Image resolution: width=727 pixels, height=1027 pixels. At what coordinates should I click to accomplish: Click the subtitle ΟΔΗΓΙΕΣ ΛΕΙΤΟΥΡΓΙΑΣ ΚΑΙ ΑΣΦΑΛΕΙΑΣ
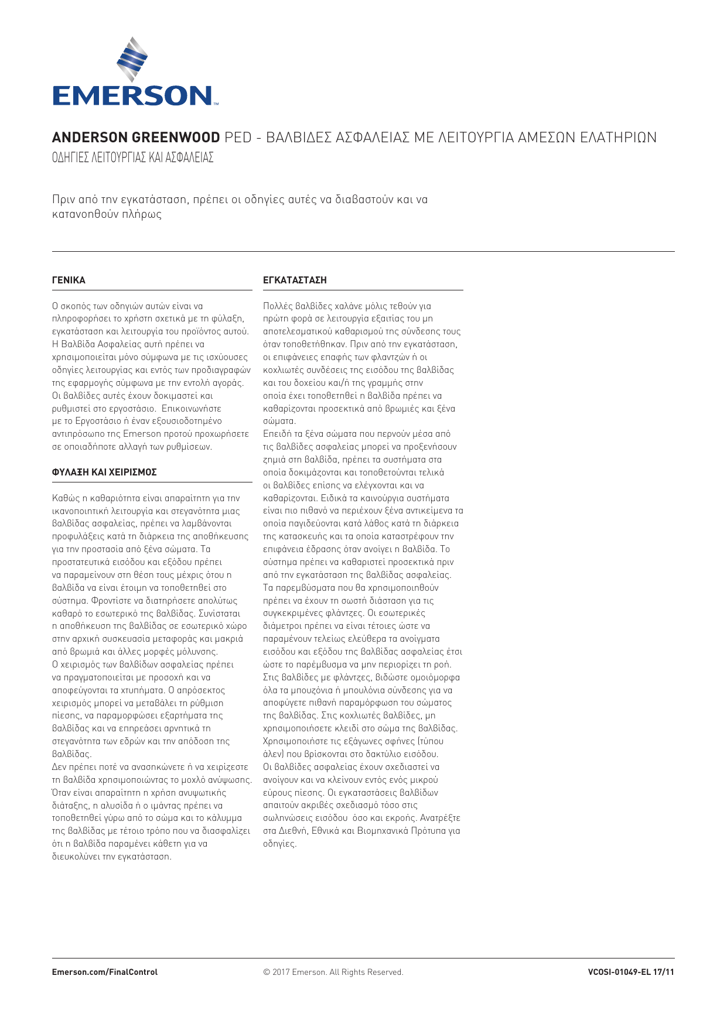coord(132,158)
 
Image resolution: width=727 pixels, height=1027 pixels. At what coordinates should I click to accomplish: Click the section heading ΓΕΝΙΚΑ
coord(69,280)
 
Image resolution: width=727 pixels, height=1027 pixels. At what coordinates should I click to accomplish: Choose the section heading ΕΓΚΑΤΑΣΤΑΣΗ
coord(295,280)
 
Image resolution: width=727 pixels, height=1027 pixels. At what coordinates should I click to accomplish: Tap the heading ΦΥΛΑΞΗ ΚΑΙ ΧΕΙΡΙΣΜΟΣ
coord(104,472)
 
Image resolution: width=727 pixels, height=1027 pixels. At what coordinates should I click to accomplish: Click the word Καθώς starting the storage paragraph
coord(65,498)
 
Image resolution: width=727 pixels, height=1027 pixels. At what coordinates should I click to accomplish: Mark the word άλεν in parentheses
coord(273,754)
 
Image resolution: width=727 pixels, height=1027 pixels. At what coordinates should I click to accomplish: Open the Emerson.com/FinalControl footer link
coord(105,972)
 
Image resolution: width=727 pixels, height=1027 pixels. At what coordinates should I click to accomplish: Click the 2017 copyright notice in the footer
coord(333,972)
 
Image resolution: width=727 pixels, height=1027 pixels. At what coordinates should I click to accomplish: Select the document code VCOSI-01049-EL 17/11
coord(631,972)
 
